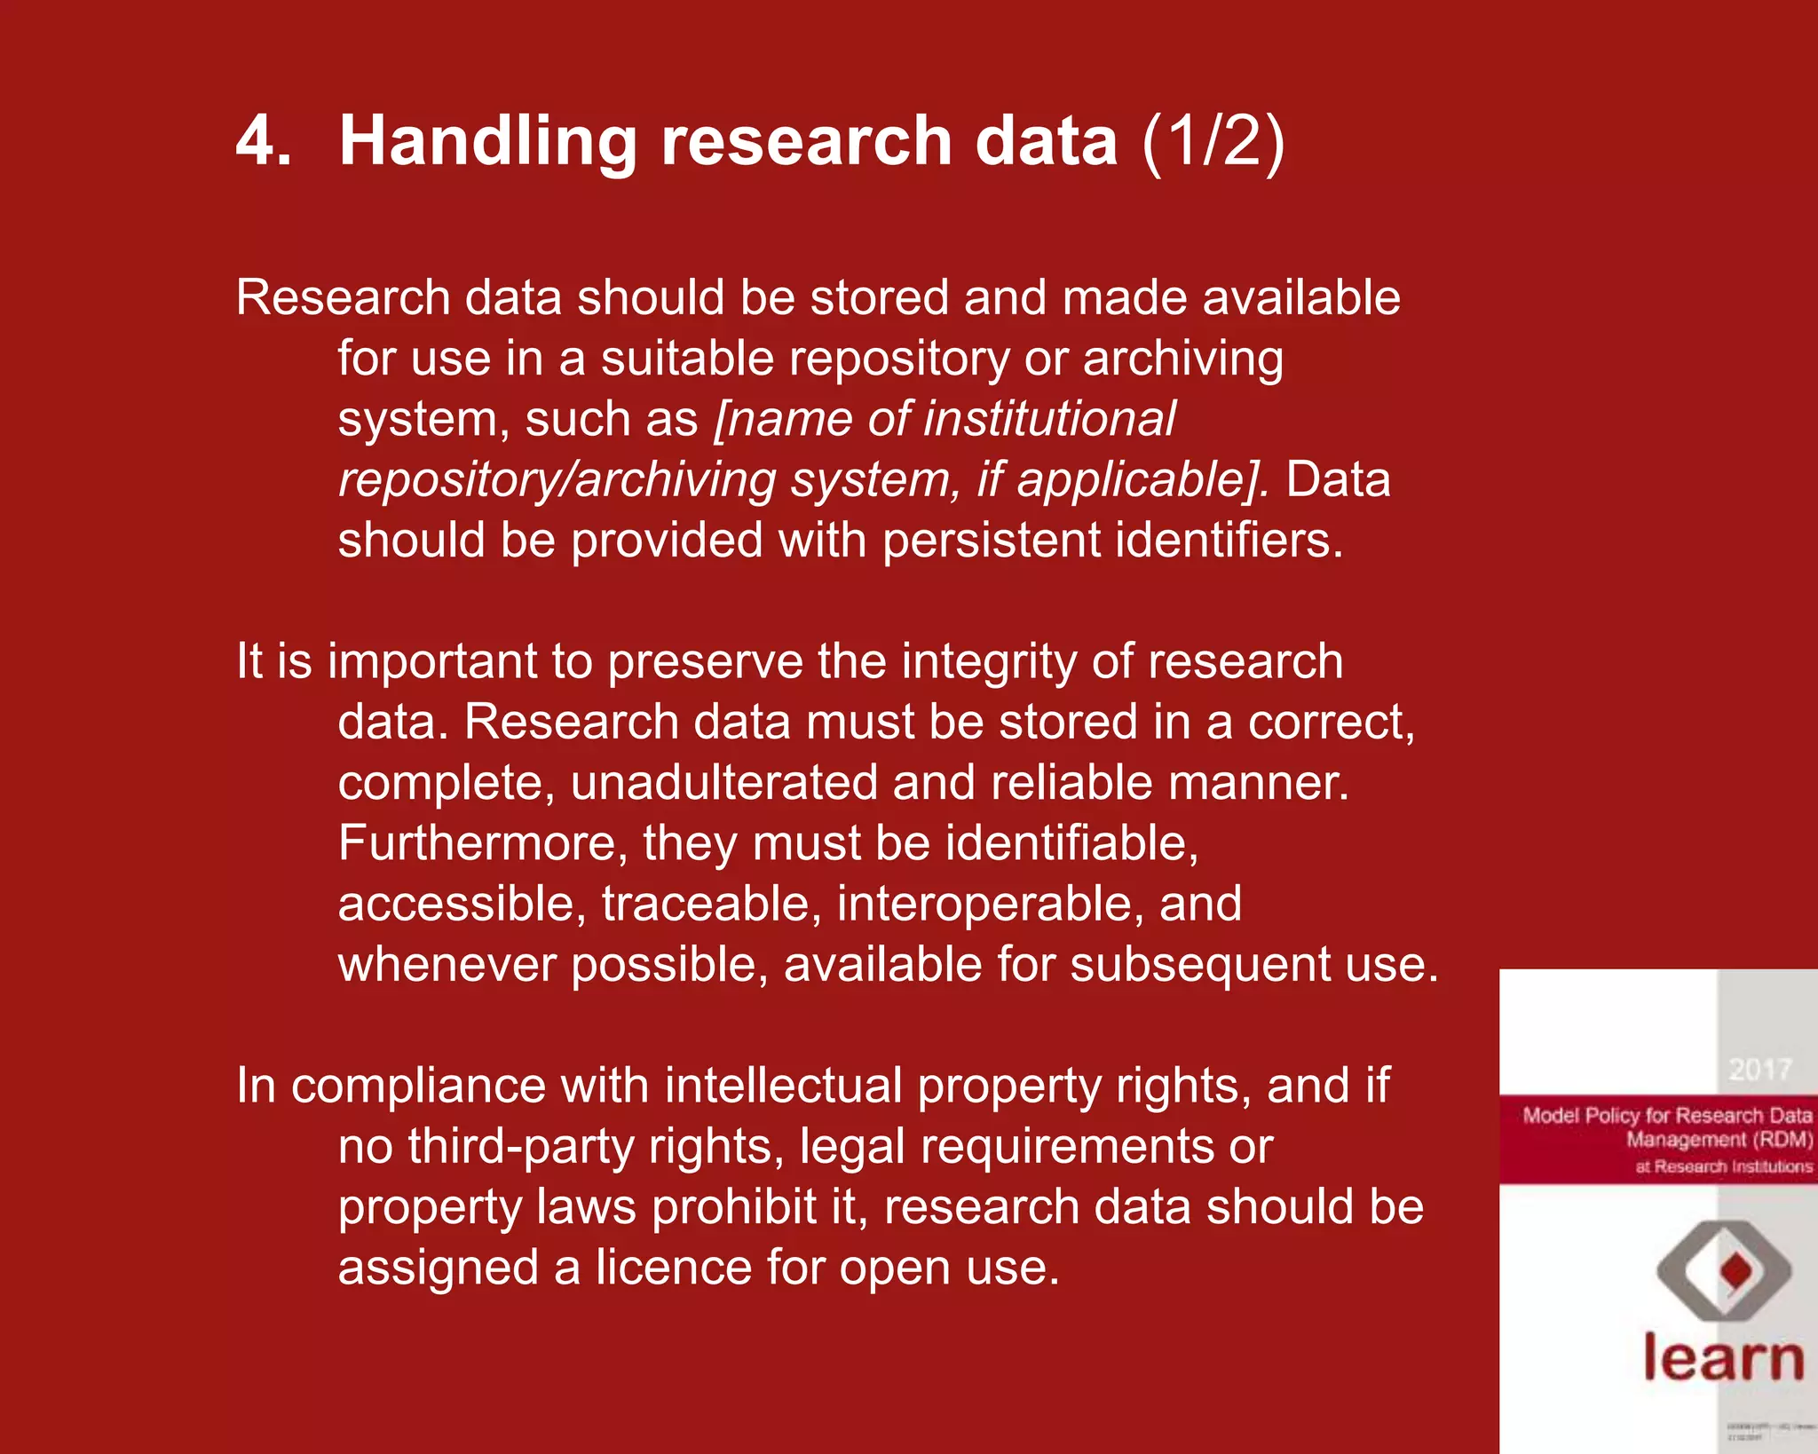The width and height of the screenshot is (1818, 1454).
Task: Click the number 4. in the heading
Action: pyautogui.click(x=263, y=141)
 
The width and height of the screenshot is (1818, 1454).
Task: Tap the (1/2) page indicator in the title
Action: pyautogui.click(x=1213, y=141)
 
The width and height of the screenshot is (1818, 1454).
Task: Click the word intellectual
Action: pyautogui.click(x=783, y=1086)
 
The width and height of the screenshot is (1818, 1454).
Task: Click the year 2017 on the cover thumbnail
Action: pyautogui.click(x=1759, y=1070)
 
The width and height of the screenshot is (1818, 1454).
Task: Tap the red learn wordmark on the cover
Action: pyautogui.click(x=1723, y=1357)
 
